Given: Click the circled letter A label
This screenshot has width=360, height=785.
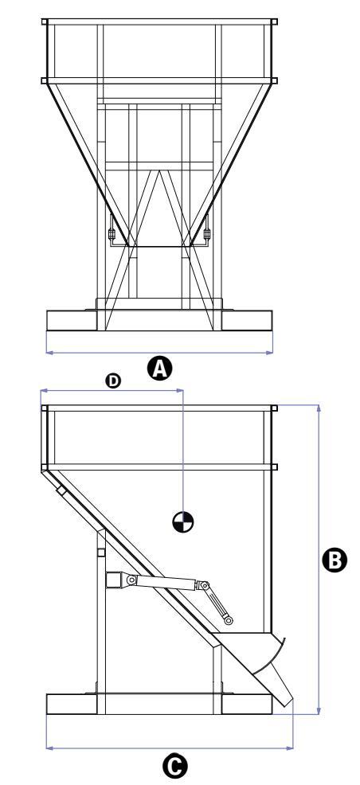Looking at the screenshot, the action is pyautogui.click(x=160, y=369).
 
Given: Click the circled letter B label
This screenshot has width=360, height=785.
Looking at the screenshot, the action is pyautogui.click(x=334, y=560).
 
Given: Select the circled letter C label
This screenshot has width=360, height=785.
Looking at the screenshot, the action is pyautogui.click(x=175, y=767).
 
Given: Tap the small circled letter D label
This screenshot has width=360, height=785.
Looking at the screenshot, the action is pyautogui.click(x=114, y=381).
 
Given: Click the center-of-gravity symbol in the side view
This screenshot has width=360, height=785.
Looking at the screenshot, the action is pyautogui.click(x=182, y=522).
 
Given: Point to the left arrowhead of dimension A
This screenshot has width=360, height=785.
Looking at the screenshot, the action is pyautogui.click(x=49, y=353).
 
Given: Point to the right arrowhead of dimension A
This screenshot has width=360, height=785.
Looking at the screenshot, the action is pyautogui.click(x=269, y=353).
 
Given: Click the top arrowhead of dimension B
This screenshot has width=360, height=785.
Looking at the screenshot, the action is pyautogui.click(x=319, y=408).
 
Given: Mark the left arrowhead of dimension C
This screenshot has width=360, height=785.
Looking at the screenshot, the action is pyautogui.click(x=49, y=748).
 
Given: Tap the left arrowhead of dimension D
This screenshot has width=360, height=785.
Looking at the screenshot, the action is pyautogui.click(x=44, y=390).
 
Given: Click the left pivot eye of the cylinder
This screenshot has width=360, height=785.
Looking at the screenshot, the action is pyautogui.click(x=131, y=580).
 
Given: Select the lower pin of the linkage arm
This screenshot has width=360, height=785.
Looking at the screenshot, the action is pyautogui.click(x=229, y=621).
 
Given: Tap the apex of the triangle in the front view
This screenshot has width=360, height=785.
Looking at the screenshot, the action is pyautogui.click(x=159, y=170).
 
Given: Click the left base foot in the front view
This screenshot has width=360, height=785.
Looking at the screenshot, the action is pyautogui.click(x=72, y=320).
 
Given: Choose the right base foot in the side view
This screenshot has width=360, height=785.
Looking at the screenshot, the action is pyautogui.click(x=247, y=704).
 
